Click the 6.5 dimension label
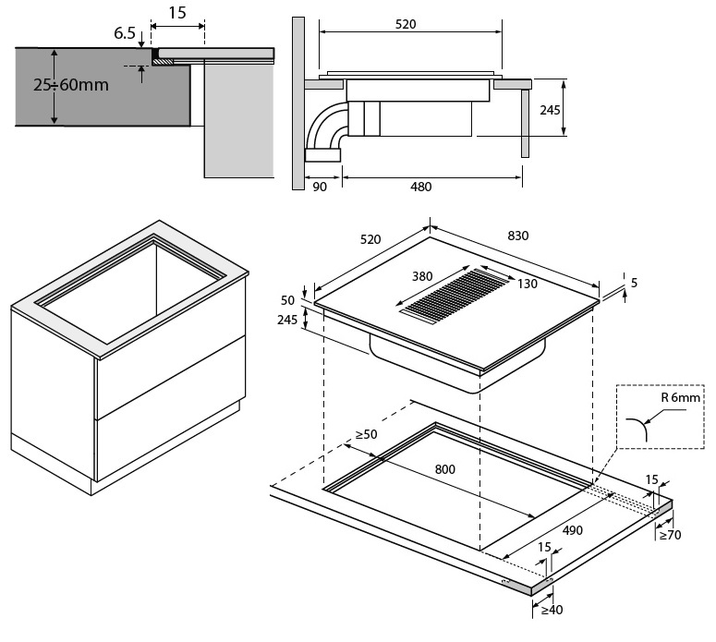[126, 33]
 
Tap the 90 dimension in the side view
[321, 187]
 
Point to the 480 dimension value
[420, 187]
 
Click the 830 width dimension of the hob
[517, 236]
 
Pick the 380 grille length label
[422, 275]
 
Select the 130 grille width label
[527, 284]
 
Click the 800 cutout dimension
[445, 468]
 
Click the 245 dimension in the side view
[550, 109]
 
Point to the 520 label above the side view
[405, 25]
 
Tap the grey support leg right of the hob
[526, 122]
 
